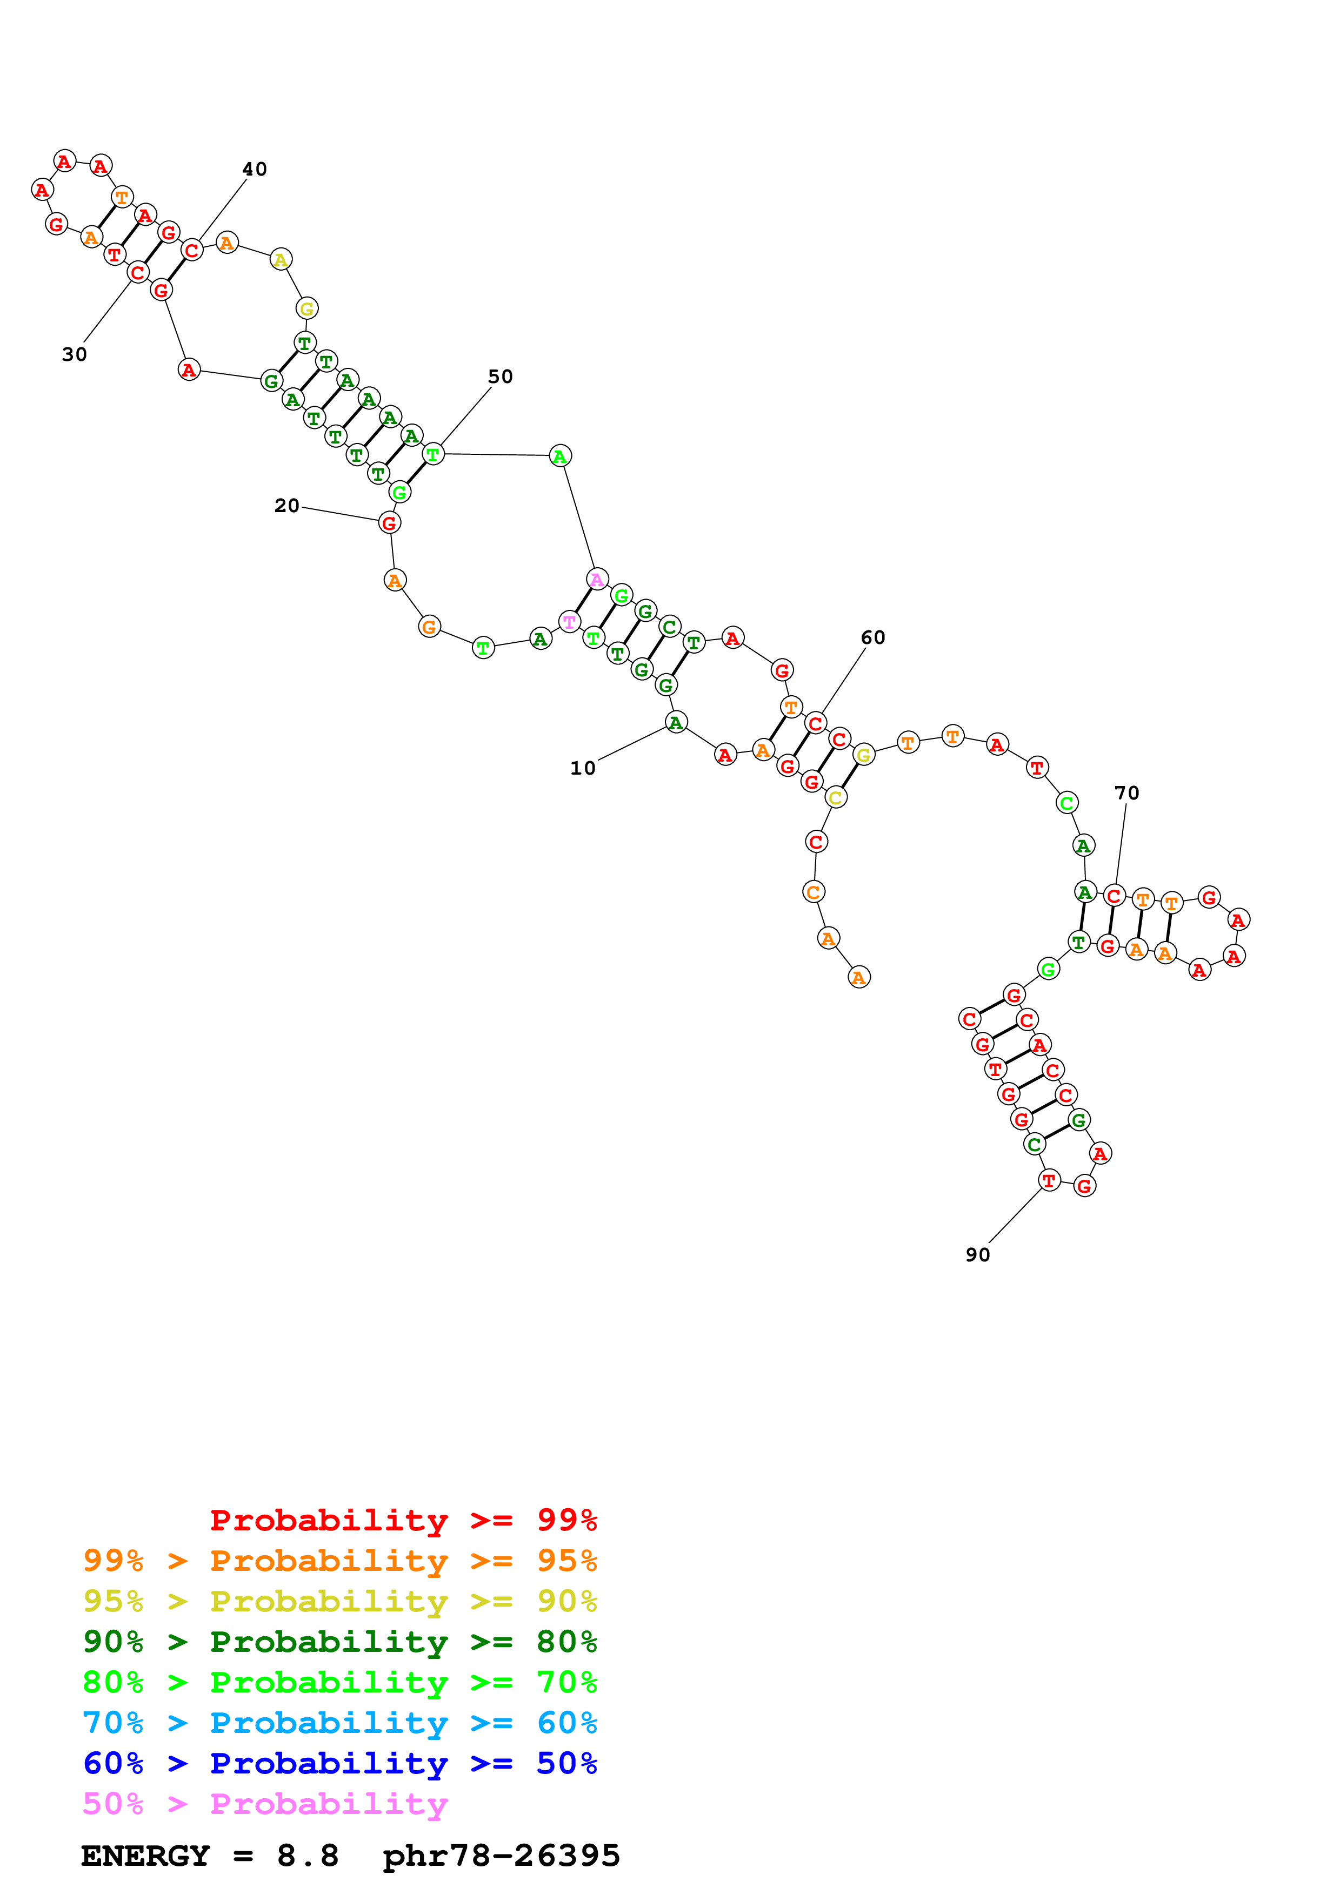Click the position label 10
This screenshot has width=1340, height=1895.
click(582, 768)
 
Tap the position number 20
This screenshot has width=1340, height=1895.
click(286, 506)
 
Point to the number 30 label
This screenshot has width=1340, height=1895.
click(74, 355)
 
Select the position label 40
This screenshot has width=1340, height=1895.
click(254, 169)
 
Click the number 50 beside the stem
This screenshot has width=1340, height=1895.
click(501, 377)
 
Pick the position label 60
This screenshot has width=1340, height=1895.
click(872, 638)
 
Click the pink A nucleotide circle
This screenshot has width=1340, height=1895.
click(597, 580)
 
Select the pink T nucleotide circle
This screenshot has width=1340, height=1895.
click(569, 621)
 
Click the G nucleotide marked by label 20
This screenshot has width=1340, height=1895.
click(389, 523)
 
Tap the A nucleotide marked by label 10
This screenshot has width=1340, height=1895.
click(675, 723)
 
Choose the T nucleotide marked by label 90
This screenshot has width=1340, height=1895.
click(1049, 1180)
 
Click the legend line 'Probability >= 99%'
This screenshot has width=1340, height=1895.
click(403, 1520)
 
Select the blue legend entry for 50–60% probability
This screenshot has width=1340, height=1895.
click(339, 1763)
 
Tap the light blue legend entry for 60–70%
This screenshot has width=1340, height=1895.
click(339, 1723)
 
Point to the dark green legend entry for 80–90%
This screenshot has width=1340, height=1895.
click(339, 1642)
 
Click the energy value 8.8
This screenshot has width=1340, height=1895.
click(307, 1856)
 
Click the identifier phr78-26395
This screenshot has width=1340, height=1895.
click(501, 1856)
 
